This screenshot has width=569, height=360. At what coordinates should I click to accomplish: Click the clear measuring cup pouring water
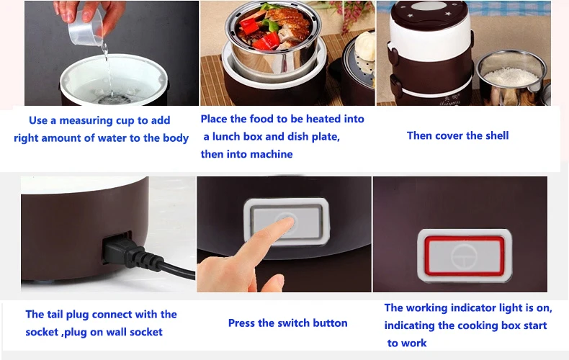[x=85, y=28]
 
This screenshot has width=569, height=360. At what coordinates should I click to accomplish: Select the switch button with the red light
[x=464, y=256]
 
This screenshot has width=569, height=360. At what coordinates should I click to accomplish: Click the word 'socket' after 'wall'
[x=146, y=332]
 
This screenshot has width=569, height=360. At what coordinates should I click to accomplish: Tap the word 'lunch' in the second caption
[x=226, y=137]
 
